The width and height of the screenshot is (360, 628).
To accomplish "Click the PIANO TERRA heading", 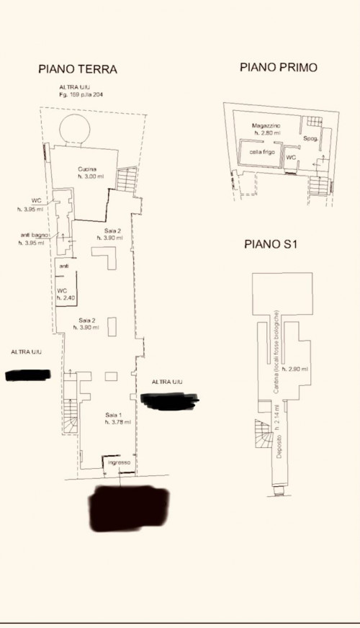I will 77,70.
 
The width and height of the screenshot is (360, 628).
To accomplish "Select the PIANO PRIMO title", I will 278,68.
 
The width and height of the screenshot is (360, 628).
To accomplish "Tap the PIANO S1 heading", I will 271,244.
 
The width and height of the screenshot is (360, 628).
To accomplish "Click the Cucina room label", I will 87,169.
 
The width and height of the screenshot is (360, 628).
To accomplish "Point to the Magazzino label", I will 266,125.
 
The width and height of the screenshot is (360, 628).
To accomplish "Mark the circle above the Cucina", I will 74,130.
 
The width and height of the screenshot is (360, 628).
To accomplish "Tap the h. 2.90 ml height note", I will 296,369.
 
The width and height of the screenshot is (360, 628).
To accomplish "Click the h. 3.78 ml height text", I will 117,422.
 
